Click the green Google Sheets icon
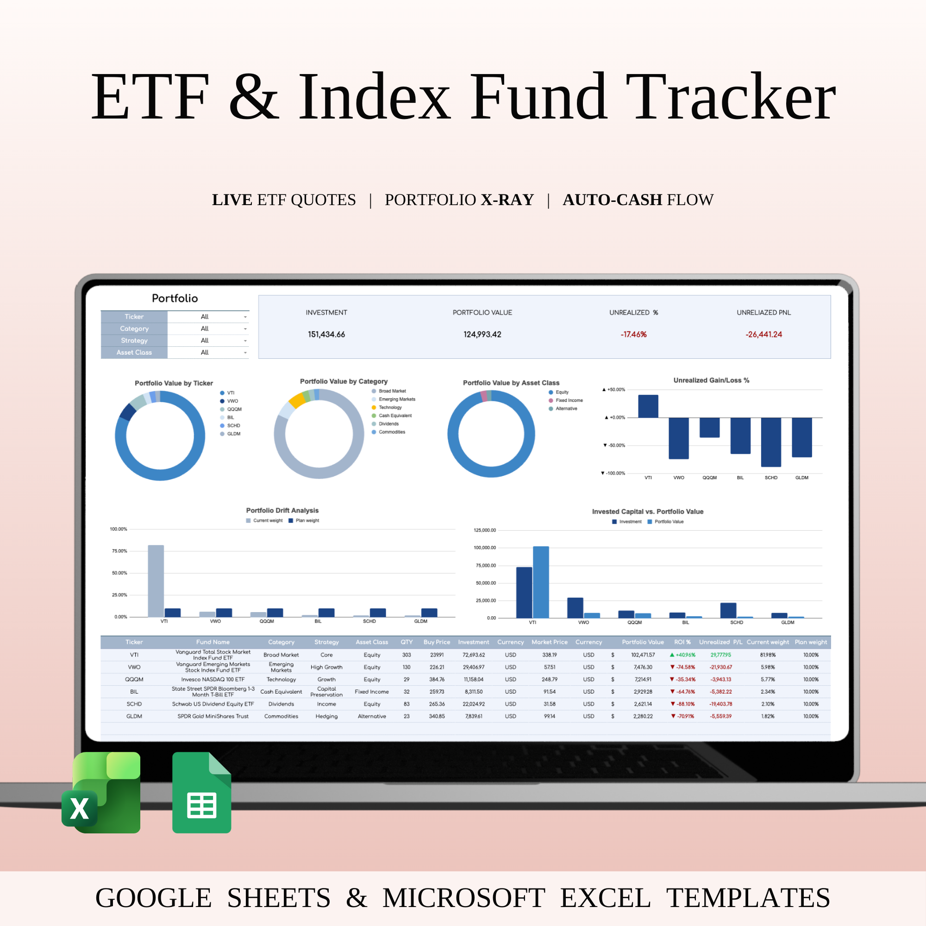[x=201, y=793]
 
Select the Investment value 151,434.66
[x=326, y=335]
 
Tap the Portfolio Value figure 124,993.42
[x=482, y=335]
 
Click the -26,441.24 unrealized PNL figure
[x=763, y=335]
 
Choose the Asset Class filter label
[x=134, y=352]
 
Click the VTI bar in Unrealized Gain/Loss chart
[x=648, y=407]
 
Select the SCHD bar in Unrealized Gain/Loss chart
[x=771, y=442]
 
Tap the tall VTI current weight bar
[x=156, y=581]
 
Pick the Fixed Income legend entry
[x=569, y=400]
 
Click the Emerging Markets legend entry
[x=397, y=399]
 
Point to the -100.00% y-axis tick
[x=614, y=474]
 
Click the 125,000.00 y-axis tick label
[x=485, y=530]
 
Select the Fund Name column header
[x=213, y=642]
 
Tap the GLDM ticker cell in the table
[x=134, y=716]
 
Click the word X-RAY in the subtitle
[x=507, y=200]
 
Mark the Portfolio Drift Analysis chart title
[x=282, y=510]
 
